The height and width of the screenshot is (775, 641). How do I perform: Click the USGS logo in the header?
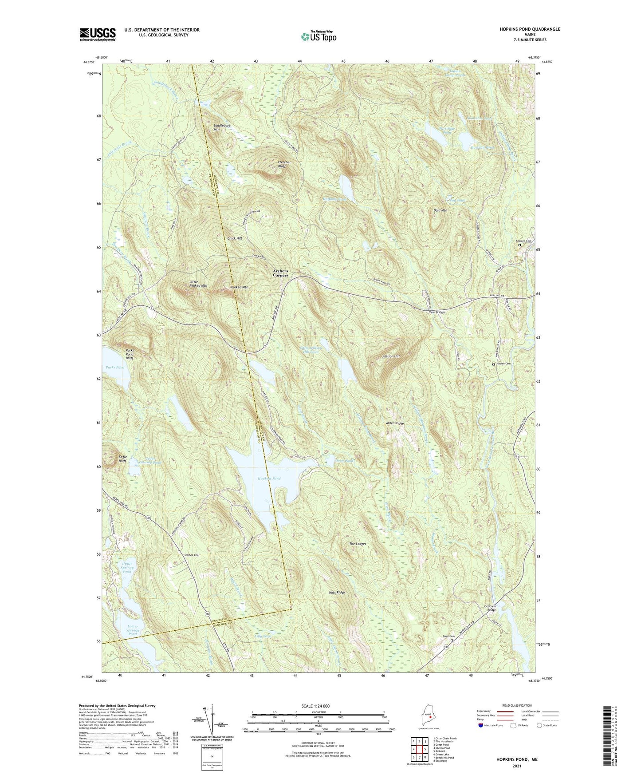pos(98,34)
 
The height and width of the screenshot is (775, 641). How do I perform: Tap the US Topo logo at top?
pos(319,36)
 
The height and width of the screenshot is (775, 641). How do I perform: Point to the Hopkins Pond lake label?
pos(269,478)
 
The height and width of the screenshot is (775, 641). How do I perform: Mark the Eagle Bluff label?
pos(122,459)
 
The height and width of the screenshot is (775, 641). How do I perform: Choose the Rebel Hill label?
pos(192,555)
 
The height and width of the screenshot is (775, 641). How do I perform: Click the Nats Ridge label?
pos(337,593)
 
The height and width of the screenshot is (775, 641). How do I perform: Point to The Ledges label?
pos(358,544)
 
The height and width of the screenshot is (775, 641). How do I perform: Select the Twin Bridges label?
pos(437,312)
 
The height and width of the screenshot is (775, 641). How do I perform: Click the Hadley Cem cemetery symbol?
pos(494,364)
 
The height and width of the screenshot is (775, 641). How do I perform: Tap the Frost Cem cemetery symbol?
pos(452,641)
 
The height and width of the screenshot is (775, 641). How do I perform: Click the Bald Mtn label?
pos(440,210)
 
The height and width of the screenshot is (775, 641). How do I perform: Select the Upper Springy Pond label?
pos(127,568)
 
